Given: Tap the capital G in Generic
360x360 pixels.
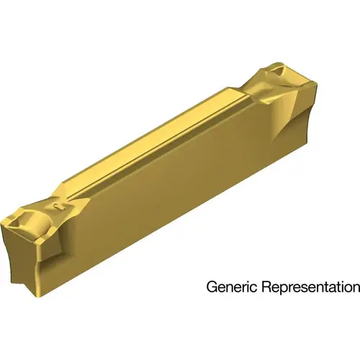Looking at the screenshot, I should pyautogui.click(x=212, y=287).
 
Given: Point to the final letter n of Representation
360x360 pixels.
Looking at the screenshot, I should pyautogui.click(x=355, y=287).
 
